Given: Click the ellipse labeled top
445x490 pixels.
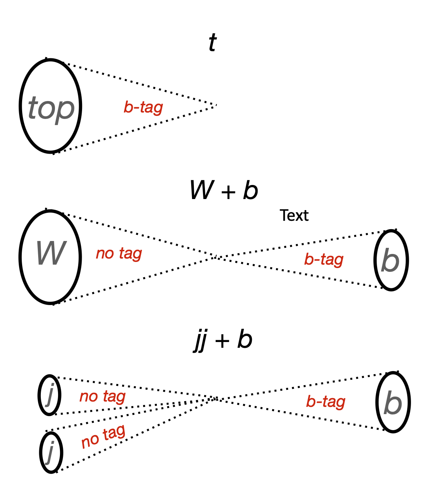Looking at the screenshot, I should pos(51,106).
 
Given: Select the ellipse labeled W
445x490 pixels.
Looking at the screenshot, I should pos(50,257).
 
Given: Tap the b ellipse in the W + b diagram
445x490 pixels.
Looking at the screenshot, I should pos(391,260).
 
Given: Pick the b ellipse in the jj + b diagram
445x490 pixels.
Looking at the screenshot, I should pos(393,402).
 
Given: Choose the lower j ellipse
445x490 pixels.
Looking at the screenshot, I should pos(51,452).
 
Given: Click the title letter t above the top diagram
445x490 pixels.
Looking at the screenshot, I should pos(213,43).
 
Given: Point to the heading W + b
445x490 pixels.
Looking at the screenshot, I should pos(224,190).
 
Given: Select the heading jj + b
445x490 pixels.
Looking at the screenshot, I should pos(223,340).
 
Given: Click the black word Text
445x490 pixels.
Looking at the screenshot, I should pos(294,216).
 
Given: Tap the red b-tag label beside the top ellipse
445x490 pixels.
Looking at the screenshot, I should pos(143,108).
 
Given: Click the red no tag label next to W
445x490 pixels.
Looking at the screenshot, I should pos(119,253).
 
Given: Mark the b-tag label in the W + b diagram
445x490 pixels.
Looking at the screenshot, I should pos(324,260).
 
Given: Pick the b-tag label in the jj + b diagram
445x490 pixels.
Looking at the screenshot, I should pos(326,402).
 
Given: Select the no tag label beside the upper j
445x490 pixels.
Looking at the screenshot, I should pos(102,397).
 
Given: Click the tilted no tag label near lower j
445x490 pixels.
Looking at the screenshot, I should pos(103,437).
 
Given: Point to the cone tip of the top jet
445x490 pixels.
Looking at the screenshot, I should pos(216,105).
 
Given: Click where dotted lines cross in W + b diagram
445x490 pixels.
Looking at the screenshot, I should pos(216,257).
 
